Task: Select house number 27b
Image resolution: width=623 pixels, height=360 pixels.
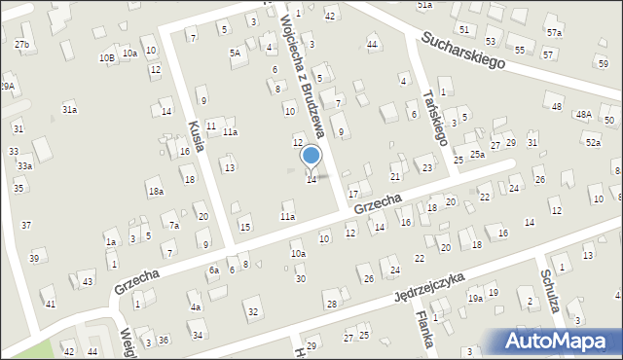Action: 21,45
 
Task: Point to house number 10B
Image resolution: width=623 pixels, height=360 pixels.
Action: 106,57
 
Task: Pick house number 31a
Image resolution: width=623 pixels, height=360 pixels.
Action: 70,110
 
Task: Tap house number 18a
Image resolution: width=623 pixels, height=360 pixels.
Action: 156,192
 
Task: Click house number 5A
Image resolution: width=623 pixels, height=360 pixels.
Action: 235,53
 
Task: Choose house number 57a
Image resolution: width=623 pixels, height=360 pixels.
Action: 554,32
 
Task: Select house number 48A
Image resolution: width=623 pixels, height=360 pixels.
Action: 583,114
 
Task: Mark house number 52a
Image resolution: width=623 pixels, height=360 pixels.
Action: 593,143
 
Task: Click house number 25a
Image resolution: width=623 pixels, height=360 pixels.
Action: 477,154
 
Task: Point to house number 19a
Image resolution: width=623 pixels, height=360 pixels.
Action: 474,299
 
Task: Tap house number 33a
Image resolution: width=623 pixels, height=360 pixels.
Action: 24,166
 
